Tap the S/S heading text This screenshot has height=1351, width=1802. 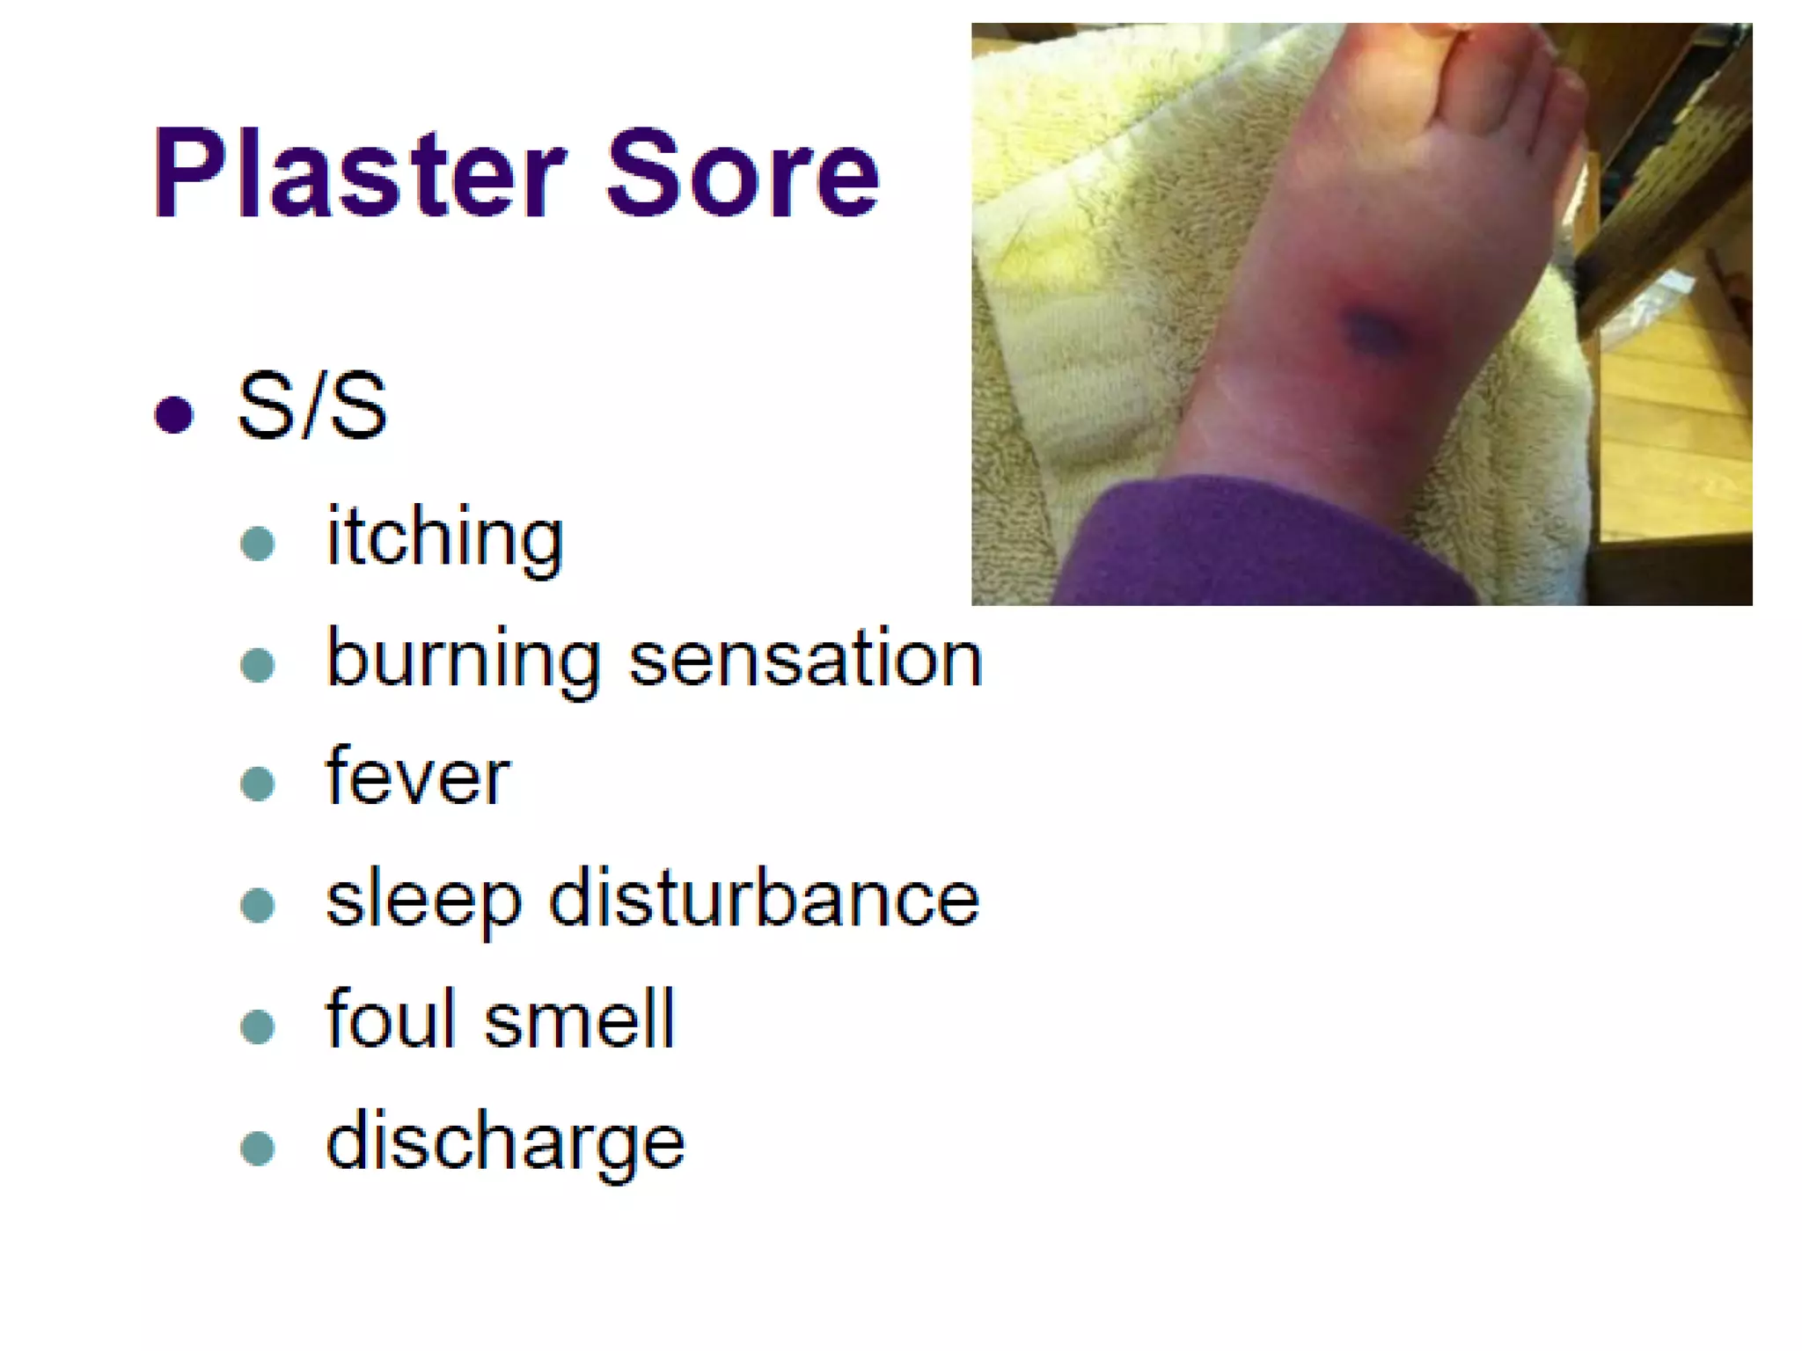click(311, 406)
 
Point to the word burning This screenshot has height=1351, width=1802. click(464, 660)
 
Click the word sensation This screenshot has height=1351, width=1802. click(805, 660)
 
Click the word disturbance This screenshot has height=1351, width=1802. click(764, 899)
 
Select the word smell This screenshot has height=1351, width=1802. click(580, 1020)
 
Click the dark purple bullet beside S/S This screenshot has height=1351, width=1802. click(173, 414)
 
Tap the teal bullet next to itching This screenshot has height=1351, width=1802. click(257, 544)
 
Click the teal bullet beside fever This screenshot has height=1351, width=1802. click(257, 783)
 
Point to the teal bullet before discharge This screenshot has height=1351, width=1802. click(257, 1148)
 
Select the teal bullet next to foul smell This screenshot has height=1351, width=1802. click(257, 1026)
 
